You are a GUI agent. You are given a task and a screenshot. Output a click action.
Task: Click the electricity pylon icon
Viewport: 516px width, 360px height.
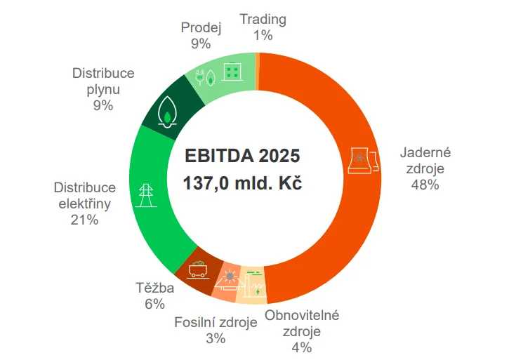point(146,194)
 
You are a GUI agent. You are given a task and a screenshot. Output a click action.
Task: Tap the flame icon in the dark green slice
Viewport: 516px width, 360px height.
point(167,110)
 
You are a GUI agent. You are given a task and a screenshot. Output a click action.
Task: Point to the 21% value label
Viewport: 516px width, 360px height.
point(84,220)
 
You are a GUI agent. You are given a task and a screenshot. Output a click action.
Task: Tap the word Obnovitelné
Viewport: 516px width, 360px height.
point(302,315)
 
